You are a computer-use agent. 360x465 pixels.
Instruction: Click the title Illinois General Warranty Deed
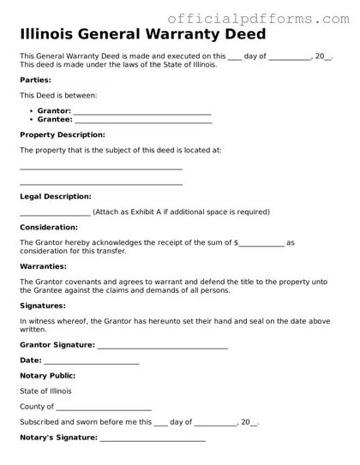point(142,35)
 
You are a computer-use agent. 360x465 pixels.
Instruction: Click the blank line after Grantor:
point(142,112)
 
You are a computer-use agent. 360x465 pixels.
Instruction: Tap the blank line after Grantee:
point(142,121)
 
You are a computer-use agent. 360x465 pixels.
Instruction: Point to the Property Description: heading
point(63,134)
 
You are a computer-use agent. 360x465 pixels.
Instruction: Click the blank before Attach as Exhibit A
point(55,213)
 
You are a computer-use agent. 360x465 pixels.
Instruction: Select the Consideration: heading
point(48,227)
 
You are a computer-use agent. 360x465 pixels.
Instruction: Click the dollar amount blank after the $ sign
point(261,244)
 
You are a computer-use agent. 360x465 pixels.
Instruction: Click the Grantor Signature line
point(162,346)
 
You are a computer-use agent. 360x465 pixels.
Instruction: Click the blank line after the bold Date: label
point(92,361)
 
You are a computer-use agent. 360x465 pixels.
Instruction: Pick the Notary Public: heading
point(47,375)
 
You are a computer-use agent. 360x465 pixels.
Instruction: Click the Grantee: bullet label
point(55,120)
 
